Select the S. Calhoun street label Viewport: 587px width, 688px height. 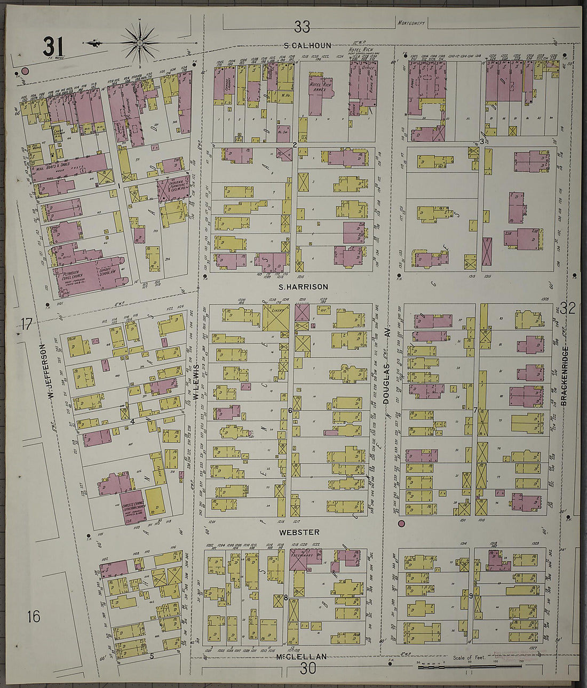click(307, 45)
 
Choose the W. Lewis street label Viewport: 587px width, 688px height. click(196, 384)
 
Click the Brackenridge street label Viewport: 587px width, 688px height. click(564, 376)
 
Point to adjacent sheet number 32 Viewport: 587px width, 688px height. click(567, 308)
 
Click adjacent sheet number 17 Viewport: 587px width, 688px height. click(27, 323)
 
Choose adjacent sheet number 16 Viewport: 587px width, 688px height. click(33, 617)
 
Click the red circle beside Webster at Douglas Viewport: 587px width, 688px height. click(401, 523)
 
